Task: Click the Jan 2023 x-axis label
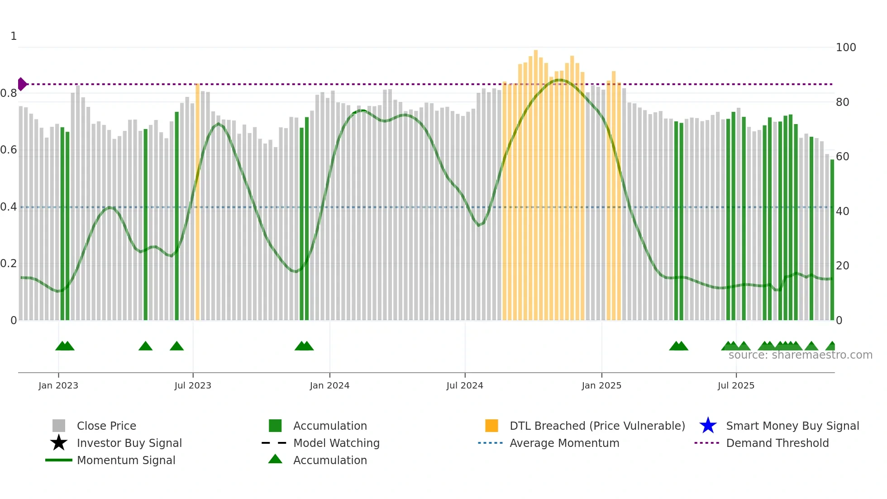click(x=58, y=385)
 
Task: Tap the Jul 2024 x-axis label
click(x=465, y=385)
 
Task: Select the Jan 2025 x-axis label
click(x=601, y=385)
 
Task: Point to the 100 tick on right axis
click(x=846, y=48)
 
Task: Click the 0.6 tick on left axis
click(x=9, y=150)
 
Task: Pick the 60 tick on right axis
click(x=843, y=157)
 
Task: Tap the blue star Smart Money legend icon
click(x=708, y=426)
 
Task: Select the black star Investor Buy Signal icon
click(x=59, y=443)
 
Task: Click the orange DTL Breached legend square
click(x=491, y=426)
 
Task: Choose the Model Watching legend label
click(x=336, y=443)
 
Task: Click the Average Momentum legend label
click(x=564, y=443)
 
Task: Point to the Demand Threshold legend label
click(x=777, y=443)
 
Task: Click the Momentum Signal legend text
click(x=126, y=460)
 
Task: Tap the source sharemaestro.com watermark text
click(x=800, y=355)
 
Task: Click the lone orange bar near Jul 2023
click(x=197, y=204)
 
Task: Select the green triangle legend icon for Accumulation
click(x=275, y=459)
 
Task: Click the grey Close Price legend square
click(x=59, y=426)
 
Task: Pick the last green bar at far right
click(x=832, y=240)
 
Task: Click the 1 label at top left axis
click(x=14, y=36)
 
